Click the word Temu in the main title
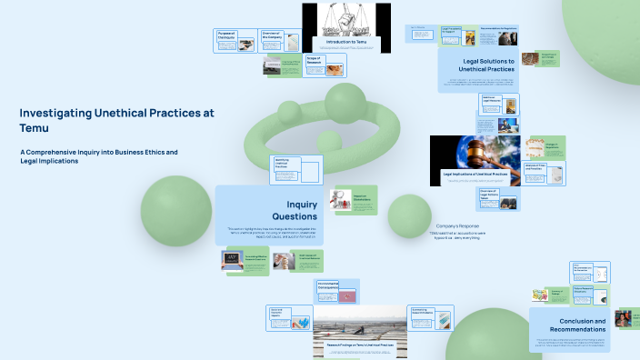(x=32, y=128)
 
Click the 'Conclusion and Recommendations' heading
(x=570, y=325)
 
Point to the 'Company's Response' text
(x=457, y=225)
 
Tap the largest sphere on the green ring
(x=345, y=104)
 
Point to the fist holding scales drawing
(x=346, y=19)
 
